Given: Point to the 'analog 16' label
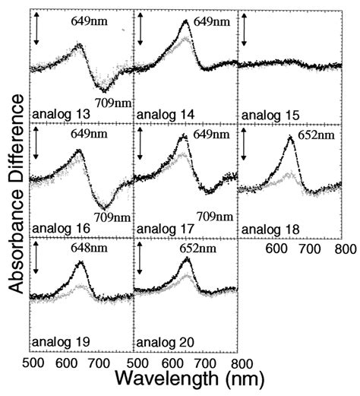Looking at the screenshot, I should pyautogui.click(x=58, y=226).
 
